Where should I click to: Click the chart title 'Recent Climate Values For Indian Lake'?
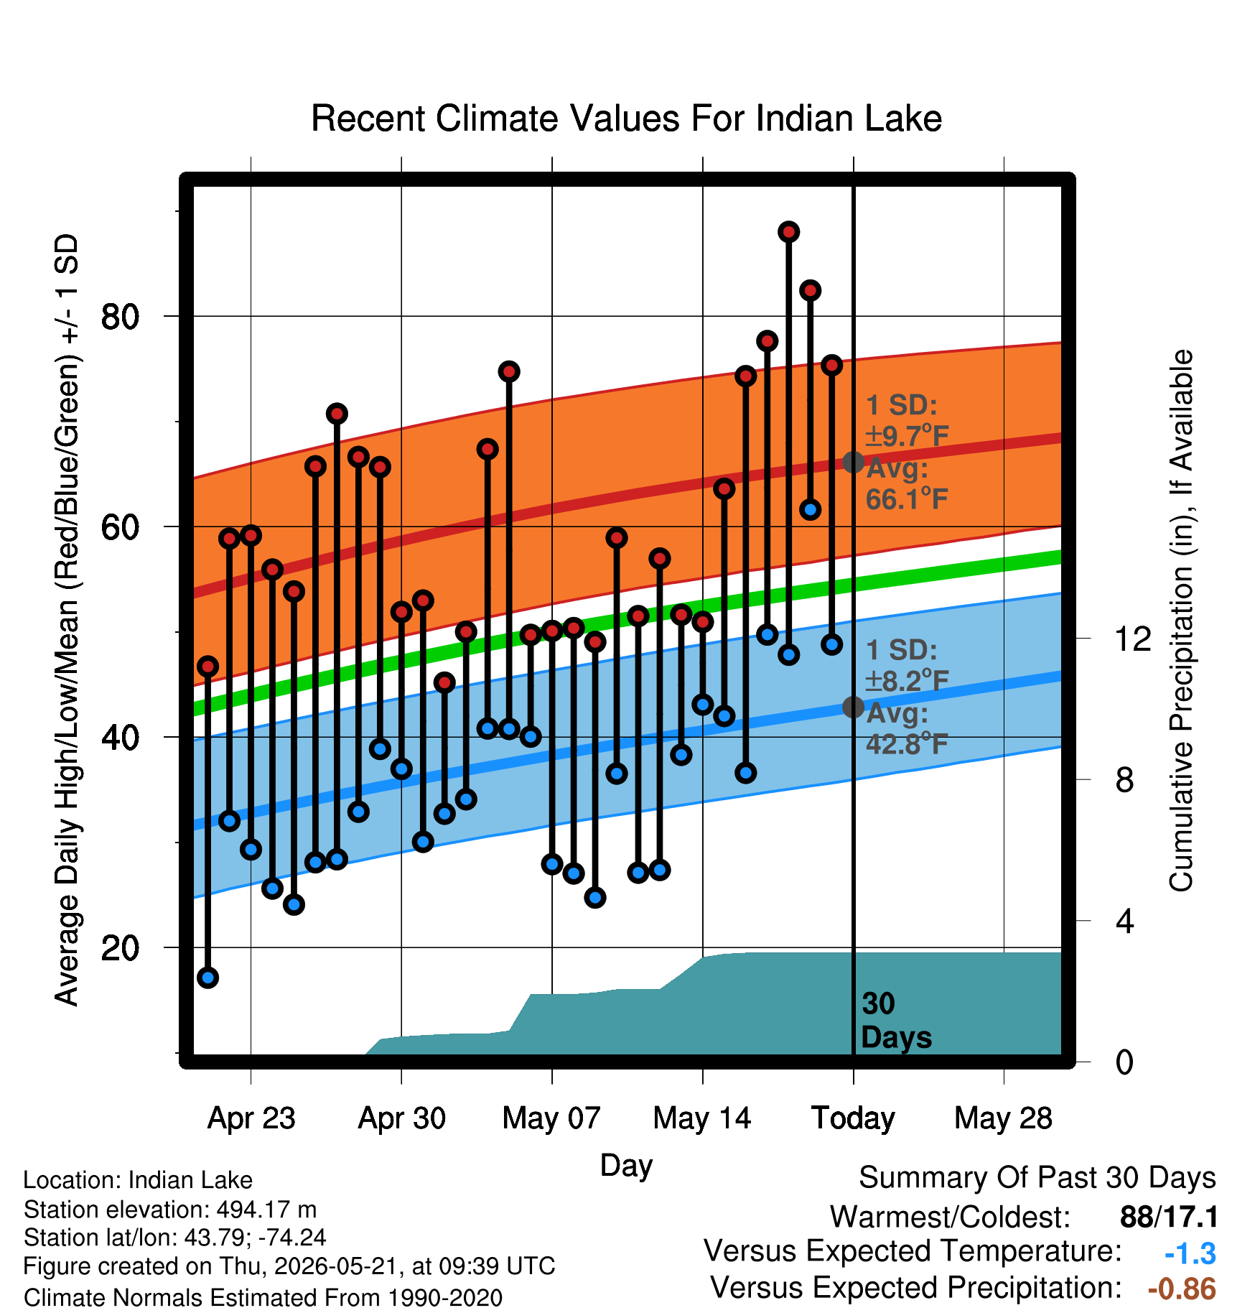coord(626,119)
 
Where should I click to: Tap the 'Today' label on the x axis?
coord(853,1118)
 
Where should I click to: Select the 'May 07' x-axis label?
coord(551,1118)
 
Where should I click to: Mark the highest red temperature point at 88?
coord(789,232)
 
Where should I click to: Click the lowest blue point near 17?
coord(208,978)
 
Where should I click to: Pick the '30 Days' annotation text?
coord(896,1021)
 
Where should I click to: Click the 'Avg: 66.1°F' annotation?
coord(907,483)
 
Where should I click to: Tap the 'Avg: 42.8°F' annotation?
coord(907,728)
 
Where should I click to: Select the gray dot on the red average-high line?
coord(853,462)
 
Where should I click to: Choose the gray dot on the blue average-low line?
coord(853,707)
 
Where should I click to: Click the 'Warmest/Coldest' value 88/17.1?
coord(1169,1217)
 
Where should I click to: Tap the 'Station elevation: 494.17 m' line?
coord(170,1210)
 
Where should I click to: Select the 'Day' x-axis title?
coord(626,1165)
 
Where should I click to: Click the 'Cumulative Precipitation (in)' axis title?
coord(1181,621)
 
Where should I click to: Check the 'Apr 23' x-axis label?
coord(251,1118)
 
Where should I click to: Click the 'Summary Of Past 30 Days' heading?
coord(1037,1178)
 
